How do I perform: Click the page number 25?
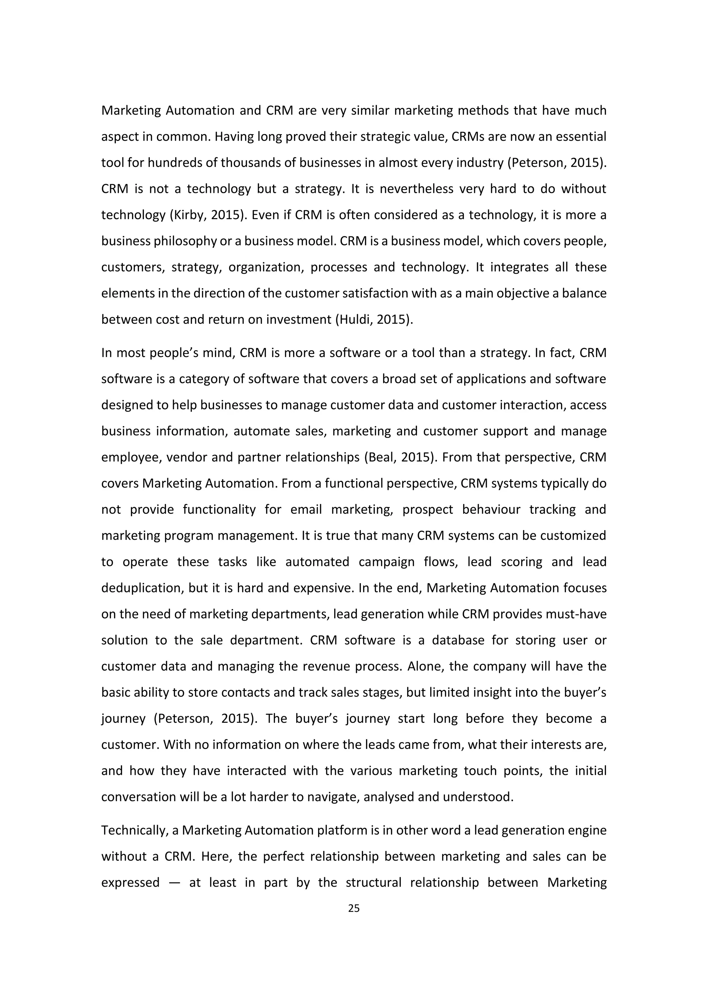tap(354, 908)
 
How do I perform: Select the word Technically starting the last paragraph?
tap(135, 831)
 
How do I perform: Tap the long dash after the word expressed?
tap(174, 883)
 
